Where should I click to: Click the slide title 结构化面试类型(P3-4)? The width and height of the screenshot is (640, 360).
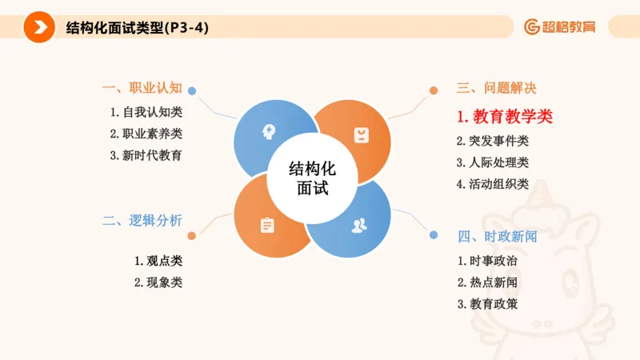tap(138, 27)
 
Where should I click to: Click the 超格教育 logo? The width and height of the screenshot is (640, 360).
tap(560, 27)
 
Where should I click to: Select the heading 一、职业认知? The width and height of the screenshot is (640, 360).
tap(142, 88)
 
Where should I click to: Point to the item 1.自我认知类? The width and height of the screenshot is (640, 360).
tap(146, 112)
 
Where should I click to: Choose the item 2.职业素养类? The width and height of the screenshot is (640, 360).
tap(146, 134)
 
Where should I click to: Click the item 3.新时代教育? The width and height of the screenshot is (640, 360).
tap(146, 155)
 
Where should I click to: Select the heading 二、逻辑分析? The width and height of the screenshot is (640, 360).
tap(142, 221)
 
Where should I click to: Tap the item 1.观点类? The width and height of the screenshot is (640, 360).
tap(158, 261)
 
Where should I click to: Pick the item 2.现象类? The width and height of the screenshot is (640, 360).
tap(158, 282)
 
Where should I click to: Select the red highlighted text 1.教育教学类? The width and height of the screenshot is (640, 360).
tap(505, 117)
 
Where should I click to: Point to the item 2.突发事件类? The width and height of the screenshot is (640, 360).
tap(493, 142)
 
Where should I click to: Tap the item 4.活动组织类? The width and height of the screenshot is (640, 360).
tap(493, 184)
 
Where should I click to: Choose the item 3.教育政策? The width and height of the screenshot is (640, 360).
tap(488, 304)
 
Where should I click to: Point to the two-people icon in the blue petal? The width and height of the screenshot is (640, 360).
tap(359, 225)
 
